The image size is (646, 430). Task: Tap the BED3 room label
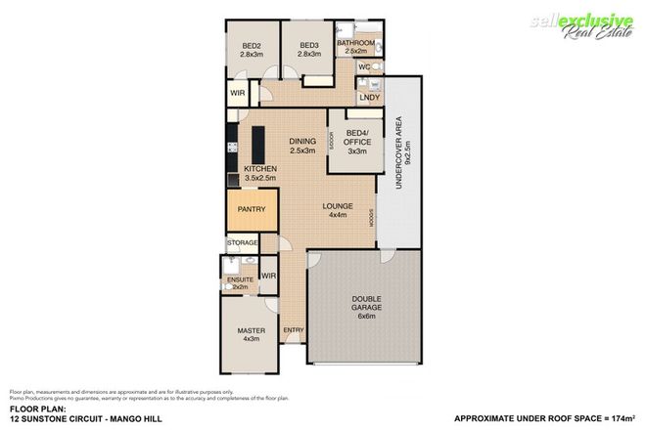click(309, 45)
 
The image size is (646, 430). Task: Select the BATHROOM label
click(355, 44)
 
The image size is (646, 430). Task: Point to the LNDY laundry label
click(369, 97)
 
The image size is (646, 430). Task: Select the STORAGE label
click(242, 242)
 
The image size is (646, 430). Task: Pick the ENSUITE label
click(240, 279)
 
